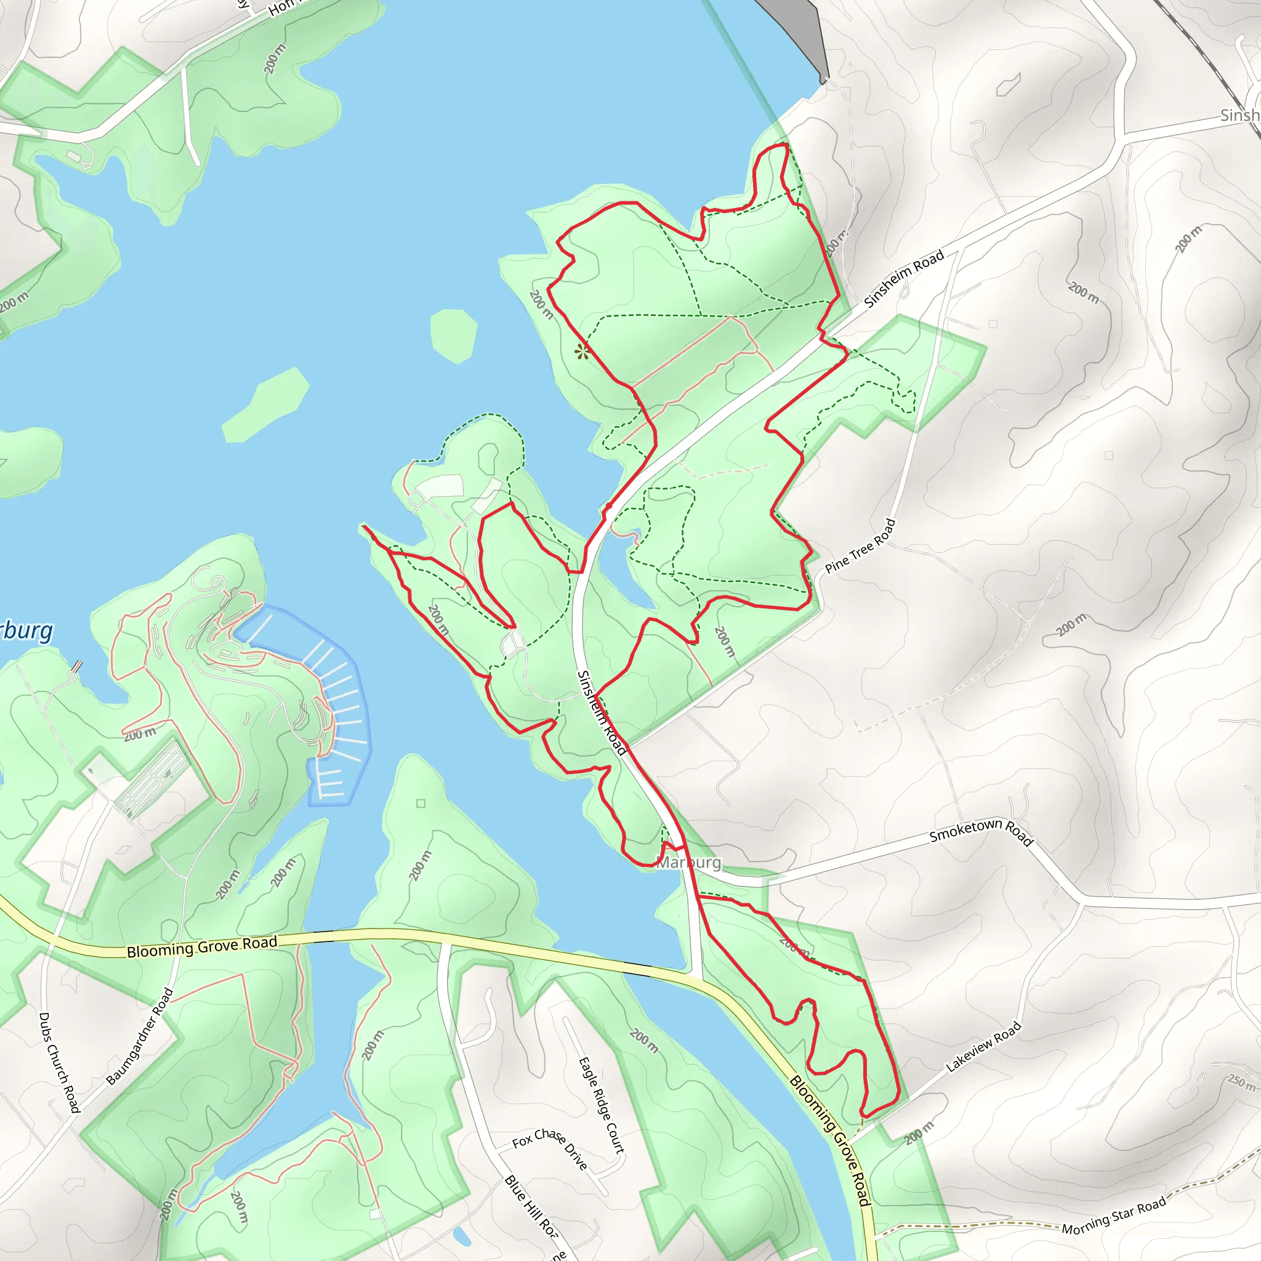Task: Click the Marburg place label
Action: (x=689, y=863)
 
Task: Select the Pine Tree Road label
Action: (x=860, y=546)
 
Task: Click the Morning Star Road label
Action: (x=1113, y=1216)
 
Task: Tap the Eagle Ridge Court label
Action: (x=601, y=1105)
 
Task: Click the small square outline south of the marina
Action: (x=421, y=803)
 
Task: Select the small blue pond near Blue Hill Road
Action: (x=461, y=1235)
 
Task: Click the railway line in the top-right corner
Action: (x=1207, y=58)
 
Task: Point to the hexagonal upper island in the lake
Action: (x=454, y=335)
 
